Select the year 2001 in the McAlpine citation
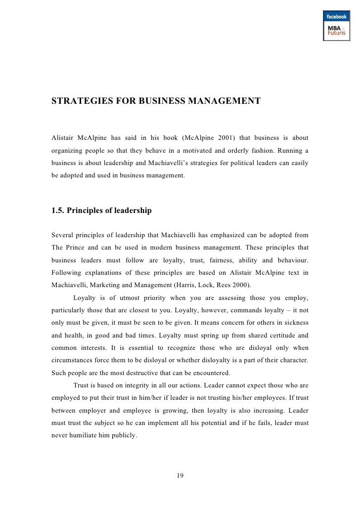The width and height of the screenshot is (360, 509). [x=239, y=136]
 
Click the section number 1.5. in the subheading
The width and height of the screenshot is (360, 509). [x=58, y=211]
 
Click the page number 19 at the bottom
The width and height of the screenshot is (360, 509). [x=180, y=476]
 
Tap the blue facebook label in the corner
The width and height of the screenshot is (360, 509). [x=336, y=17]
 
